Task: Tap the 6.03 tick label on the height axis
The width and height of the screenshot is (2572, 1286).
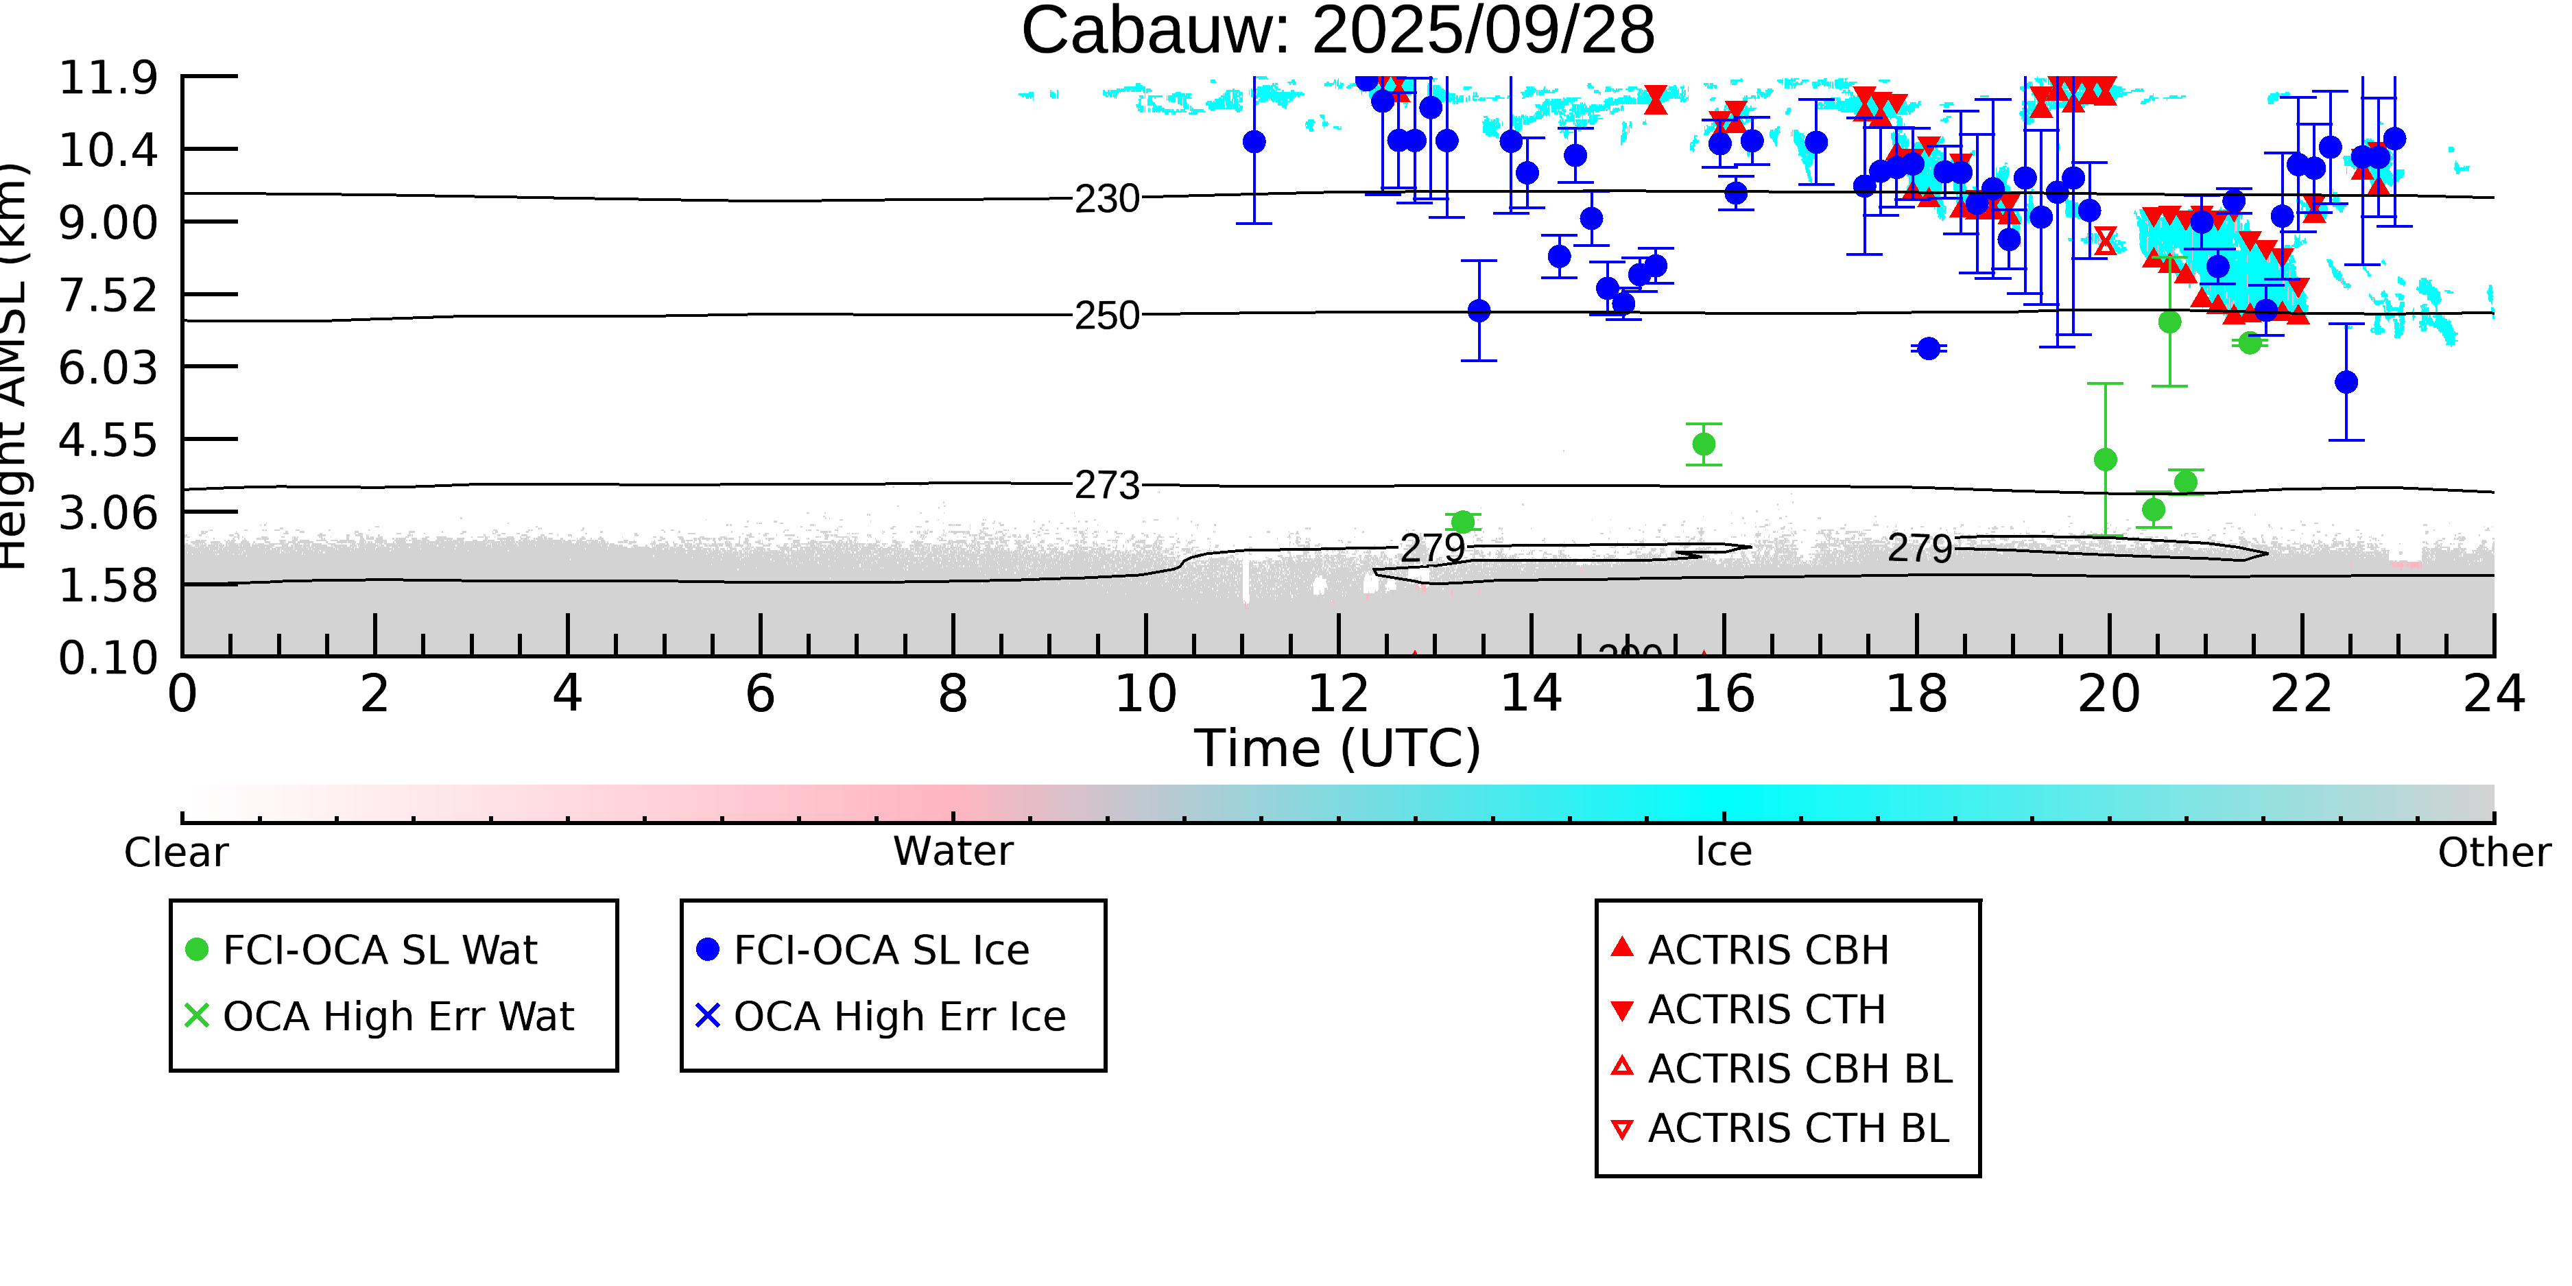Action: (108, 368)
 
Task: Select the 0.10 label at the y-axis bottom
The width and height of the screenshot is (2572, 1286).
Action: (108, 658)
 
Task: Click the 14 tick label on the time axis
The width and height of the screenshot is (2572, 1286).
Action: (1531, 694)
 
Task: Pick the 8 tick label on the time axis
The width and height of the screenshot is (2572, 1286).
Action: (953, 694)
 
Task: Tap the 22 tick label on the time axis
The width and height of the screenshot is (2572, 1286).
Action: (2301, 694)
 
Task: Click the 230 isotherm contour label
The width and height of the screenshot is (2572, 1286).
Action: (1106, 200)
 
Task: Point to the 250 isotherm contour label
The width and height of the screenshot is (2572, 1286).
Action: (1106, 316)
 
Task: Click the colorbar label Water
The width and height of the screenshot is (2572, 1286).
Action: (953, 852)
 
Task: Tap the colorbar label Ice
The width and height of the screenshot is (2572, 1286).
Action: (1724, 852)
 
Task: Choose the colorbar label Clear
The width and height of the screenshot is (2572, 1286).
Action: (176, 853)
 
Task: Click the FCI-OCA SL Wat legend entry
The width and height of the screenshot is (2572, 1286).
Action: (379, 949)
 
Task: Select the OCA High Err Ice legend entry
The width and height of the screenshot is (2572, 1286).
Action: (898, 1016)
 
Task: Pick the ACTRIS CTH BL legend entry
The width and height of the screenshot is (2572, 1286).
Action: (1797, 1128)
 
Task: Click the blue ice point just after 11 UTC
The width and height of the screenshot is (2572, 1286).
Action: (1254, 142)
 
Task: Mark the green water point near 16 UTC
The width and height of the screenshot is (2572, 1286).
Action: (1704, 444)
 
